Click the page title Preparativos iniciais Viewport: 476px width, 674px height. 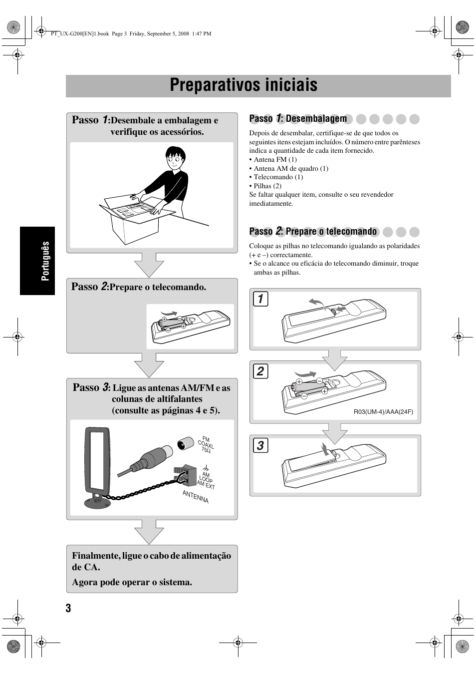pos(243,85)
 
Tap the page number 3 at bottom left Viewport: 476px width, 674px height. pos(68,608)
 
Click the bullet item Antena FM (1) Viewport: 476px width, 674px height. pos(275,160)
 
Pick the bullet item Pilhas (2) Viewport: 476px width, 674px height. pos(267,186)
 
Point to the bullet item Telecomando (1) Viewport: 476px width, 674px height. pos(278,177)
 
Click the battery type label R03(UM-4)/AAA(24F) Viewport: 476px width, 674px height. pos(383,412)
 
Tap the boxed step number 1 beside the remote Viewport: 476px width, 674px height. pos(260,300)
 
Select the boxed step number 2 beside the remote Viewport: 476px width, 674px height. pos(260,371)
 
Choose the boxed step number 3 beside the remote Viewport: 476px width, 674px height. pos(260,445)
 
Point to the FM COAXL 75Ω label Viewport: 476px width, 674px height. pos(206,444)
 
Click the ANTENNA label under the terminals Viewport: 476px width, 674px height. pos(196,497)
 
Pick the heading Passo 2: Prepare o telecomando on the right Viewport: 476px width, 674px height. pos(313,231)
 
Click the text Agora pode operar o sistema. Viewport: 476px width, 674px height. pos(132,582)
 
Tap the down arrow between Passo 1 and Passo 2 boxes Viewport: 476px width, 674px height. pos(149,265)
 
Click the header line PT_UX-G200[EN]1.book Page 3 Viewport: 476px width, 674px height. pos(131,34)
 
